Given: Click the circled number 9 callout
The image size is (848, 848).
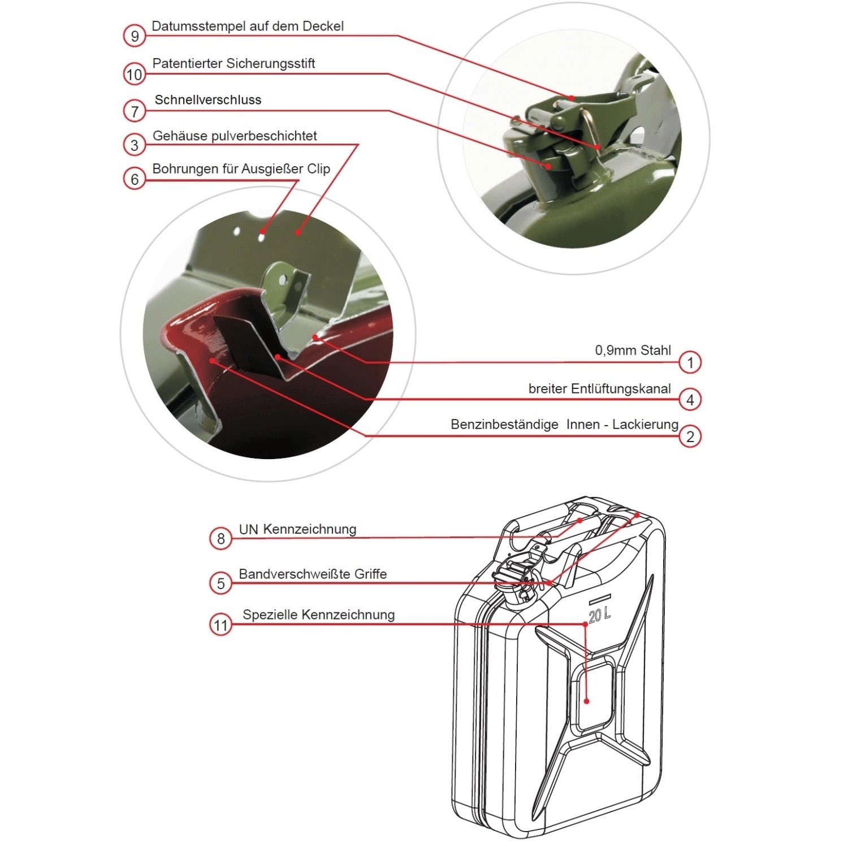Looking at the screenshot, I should (135, 36).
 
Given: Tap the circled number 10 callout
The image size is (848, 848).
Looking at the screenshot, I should (134, 75).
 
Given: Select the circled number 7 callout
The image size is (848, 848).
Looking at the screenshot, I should (135, 111).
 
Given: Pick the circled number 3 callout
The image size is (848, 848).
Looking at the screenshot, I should (135, 145).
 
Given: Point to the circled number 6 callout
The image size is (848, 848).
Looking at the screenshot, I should (135, 179).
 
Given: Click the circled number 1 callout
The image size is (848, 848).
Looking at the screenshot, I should (690, 362).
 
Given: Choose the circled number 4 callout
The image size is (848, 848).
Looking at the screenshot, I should (690, 400).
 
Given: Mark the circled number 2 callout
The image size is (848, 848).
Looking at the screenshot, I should (690, 436).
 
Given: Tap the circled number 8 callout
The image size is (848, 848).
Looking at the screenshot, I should (221, 538).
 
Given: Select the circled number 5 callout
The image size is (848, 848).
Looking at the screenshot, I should (221, 583).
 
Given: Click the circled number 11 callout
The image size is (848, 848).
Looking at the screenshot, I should (220, 625).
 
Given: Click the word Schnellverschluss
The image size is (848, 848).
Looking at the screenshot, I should (208, 100).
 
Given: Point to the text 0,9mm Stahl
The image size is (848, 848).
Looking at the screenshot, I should (633, 351).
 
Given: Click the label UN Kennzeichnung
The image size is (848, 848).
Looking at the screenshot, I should (297, 530).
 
